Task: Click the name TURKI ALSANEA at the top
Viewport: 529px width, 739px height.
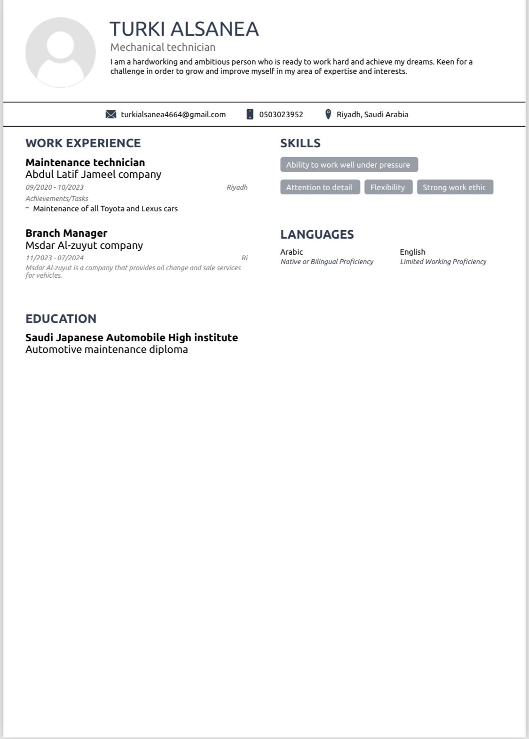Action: [x=184, y=29]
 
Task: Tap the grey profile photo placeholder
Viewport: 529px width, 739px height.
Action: [x=61, y=52]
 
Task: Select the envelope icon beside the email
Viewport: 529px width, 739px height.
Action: [x=111, y=114]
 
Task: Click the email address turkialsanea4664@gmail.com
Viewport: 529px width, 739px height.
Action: [x=173, y=114]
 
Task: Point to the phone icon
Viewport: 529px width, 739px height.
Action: [x=250, y=114]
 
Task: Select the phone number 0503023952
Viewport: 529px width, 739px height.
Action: [x=281, y=114]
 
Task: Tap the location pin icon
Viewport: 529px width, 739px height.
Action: [x=328, y=114]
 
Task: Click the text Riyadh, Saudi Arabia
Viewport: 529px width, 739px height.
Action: [x=372, y=114]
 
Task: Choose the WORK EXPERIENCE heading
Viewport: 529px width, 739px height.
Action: [x=83, y=143]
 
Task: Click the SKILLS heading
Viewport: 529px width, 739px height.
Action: [x=300, y=143]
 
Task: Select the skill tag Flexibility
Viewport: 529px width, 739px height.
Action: [x=387, y=187]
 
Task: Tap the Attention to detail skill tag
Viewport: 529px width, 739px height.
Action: [x=319, y=187]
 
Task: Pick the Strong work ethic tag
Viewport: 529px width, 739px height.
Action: [x=454, y=187]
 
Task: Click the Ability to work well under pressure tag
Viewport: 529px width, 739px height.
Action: [x=348, y=165]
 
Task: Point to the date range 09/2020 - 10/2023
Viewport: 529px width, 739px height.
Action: [x=55, y=187]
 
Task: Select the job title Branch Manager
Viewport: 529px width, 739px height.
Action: [x=66, y=233]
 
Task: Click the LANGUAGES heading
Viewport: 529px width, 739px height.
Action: [x=317, y=234]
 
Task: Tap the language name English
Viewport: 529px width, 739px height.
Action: [x=412, y=252]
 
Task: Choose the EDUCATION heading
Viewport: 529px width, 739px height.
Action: [x=61, y=319]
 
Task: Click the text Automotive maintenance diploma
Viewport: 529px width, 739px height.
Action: [x=107, y=349]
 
